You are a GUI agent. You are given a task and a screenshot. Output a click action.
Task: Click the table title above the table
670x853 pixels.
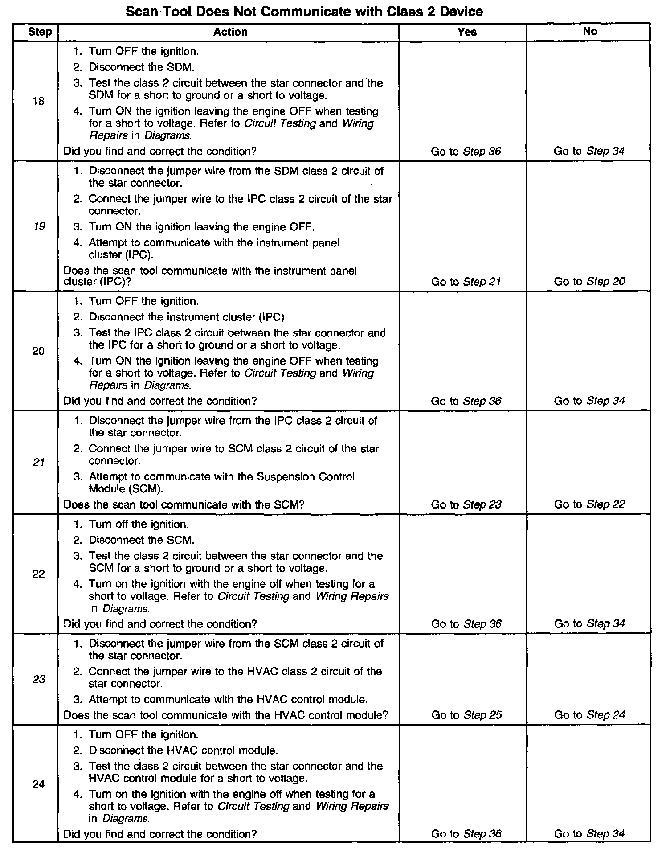304,12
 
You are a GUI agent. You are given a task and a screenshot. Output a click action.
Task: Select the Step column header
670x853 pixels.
40,32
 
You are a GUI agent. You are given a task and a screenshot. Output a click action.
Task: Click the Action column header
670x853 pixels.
230,32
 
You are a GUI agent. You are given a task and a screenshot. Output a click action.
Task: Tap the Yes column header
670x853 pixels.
466,32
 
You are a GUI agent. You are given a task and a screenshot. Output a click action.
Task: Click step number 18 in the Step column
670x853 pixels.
39,102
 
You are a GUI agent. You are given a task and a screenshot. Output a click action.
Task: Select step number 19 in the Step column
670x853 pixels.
39,226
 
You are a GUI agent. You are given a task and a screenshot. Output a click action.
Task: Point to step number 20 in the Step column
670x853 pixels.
39,351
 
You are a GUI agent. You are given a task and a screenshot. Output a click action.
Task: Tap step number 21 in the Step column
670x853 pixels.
39,463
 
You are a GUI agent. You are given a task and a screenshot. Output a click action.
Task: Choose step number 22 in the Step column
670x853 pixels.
39,574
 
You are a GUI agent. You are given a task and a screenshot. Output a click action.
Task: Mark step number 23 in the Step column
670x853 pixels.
39,679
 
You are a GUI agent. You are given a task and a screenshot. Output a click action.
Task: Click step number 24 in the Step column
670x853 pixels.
39,784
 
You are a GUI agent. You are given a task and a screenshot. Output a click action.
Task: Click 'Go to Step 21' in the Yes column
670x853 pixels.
466,282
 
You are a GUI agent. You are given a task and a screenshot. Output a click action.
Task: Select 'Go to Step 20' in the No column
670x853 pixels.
589,282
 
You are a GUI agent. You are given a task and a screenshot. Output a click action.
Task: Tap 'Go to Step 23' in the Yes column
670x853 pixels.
466,504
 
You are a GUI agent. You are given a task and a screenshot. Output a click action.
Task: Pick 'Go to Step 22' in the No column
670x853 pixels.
589,504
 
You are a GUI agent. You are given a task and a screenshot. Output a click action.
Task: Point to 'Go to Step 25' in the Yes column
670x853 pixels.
466,715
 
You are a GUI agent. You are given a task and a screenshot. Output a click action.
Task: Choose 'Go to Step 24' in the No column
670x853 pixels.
590,715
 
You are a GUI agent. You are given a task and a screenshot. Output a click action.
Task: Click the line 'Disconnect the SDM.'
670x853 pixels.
141,67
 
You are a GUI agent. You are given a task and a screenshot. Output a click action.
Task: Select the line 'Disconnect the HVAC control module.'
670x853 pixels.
183,750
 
